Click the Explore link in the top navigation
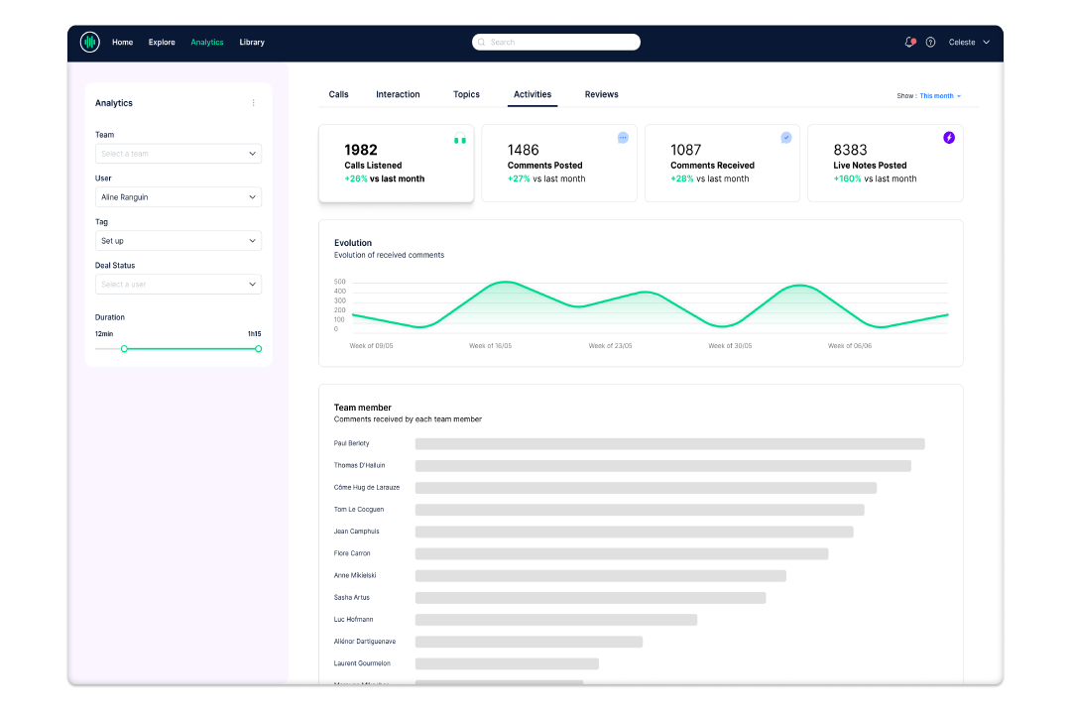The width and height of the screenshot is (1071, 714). (162, 43)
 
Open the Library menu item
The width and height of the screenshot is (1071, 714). (252, 43)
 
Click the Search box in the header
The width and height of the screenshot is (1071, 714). (556, 43)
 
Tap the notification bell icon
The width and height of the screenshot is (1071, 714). (909, 43)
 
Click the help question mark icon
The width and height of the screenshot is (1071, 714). (930, 43)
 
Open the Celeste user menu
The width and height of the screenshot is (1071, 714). (969, 43)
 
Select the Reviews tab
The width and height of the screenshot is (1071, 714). (601, 95)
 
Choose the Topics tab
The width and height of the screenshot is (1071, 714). (466, 95)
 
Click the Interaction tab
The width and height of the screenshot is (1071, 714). (398, 95)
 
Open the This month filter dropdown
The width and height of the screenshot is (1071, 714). (939, 96)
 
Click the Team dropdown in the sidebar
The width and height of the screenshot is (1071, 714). (178, 154)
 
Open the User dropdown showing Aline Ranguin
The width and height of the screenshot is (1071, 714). (178, 197)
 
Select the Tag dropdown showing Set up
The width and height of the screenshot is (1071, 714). (178, 241)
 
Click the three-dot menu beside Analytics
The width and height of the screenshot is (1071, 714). (253, 103)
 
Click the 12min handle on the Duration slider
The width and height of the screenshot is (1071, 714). (124, 349)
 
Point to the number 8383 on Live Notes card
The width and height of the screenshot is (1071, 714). (851, 150)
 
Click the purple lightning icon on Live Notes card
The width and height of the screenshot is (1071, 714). (949, 138)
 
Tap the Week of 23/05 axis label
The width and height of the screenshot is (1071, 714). (610, 346)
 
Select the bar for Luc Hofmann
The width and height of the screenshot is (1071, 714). (555, 620)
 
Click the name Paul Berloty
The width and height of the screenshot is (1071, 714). (352, 443)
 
